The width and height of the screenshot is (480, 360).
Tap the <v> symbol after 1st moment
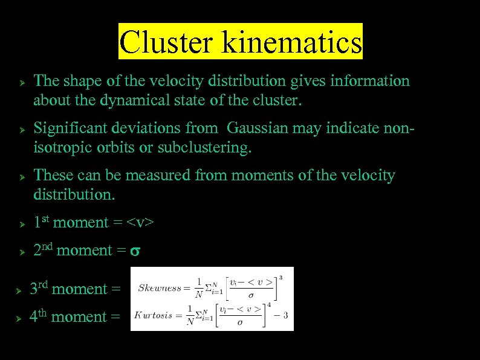[141, 223]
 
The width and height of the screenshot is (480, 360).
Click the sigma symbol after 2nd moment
[136, 251]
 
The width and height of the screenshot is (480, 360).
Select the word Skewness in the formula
[160, 288]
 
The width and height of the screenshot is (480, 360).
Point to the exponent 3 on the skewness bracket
[281, 277]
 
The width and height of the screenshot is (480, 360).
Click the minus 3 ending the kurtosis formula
[282, 315]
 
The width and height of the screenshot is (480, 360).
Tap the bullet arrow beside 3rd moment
[19, 290]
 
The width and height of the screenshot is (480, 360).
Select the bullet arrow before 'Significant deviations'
[21, 129]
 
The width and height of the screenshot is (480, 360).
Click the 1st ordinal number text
[41, 222]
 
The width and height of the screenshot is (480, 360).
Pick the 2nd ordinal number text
[42, 250]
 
